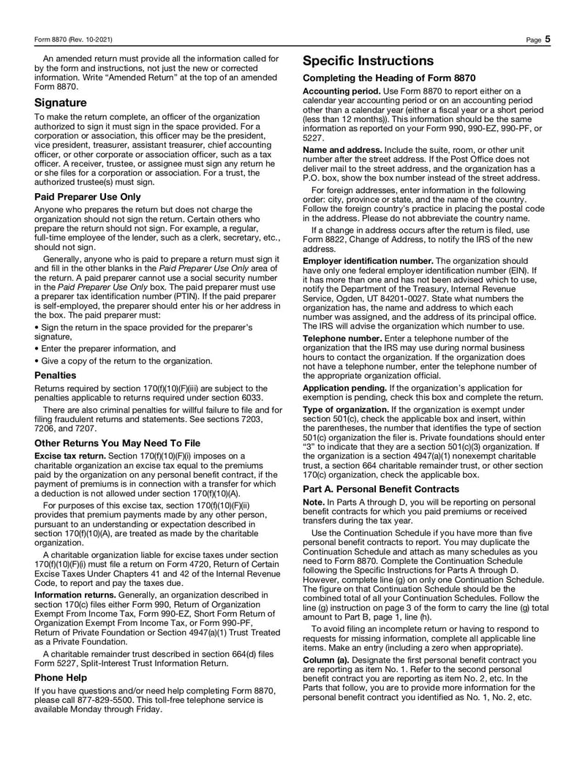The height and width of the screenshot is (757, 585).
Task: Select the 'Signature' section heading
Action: click(61, 102)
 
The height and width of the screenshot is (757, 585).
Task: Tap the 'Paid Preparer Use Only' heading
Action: click(88, 197)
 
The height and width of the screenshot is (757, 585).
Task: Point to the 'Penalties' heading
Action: click(56, 374)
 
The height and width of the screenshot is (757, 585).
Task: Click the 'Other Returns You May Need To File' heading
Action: click(117, 442)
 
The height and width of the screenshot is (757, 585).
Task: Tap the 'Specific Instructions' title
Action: click(368, 61)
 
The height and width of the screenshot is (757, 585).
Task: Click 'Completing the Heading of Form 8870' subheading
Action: click(389, 78)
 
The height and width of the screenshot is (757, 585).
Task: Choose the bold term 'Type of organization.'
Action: click(346, 409)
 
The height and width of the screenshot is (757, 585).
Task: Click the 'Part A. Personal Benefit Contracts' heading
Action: click(381, 489)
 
